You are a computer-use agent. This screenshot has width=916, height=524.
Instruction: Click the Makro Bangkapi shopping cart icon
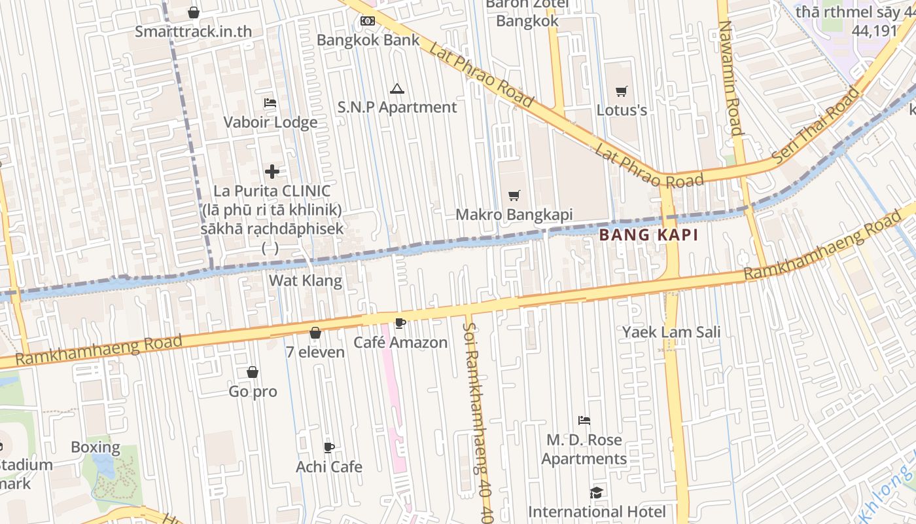point(514,195)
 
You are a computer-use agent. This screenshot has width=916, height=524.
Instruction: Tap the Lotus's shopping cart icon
point(621,91)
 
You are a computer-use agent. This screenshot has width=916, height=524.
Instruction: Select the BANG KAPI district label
point(648,234)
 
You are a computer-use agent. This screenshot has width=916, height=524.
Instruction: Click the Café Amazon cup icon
point(400,323)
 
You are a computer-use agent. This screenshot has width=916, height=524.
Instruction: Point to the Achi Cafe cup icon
point(329,447)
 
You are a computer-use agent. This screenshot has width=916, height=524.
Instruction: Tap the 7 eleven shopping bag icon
point(315,333)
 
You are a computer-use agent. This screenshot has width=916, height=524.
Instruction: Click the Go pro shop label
point(253,392)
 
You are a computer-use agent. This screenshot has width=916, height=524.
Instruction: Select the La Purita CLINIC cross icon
point(272,172)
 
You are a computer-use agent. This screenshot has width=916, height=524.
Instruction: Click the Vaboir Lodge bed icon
point(270,103)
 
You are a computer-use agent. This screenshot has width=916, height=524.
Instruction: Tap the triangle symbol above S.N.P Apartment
point(396,88)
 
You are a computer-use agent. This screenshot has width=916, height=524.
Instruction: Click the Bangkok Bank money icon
point(368,21)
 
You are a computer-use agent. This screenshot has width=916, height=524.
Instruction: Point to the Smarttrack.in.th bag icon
point(194,12)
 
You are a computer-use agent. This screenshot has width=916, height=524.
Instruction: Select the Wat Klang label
point(306,280)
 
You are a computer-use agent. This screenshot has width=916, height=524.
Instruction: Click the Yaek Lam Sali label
point(671,331)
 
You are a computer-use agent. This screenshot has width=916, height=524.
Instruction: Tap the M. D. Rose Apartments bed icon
point(584,420)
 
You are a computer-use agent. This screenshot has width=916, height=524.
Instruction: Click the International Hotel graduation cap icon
point(596,492)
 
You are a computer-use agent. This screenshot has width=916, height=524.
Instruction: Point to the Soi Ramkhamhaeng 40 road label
point(477,419)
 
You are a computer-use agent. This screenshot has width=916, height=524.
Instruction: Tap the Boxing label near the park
point(96,448)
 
